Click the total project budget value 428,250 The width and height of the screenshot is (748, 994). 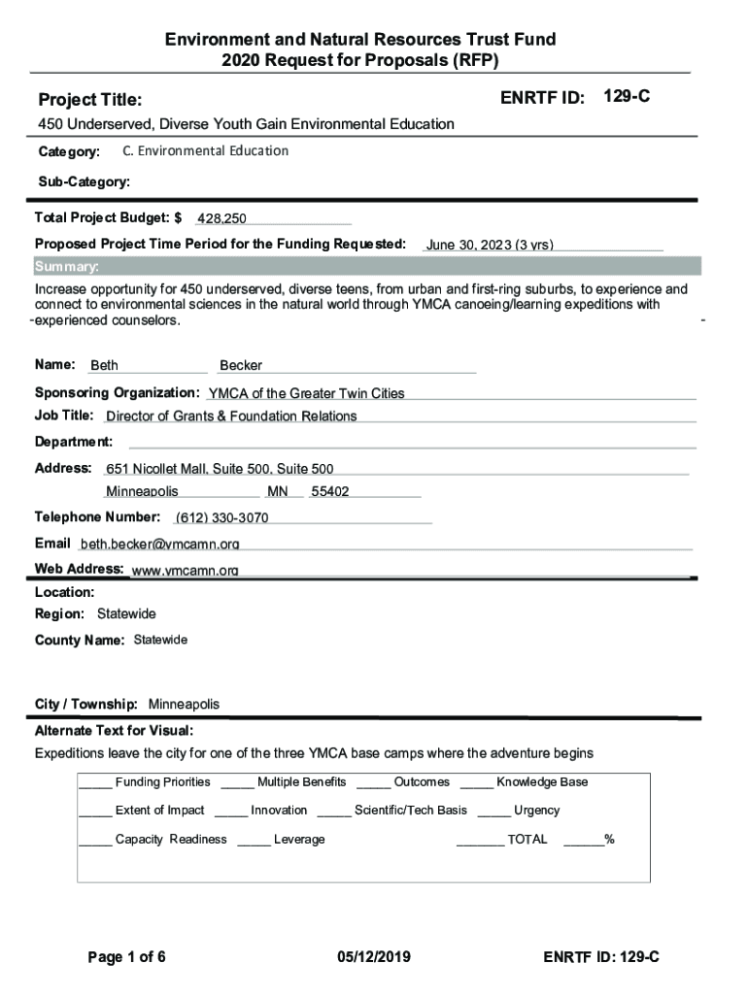click(221, 218)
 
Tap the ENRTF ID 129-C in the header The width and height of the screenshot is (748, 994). click(627, 97)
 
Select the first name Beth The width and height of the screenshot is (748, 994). click(104, 366)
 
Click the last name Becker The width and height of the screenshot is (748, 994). click(241, 366)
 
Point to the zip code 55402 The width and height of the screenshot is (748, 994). click(329, 492)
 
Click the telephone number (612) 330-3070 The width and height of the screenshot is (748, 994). click(222, 517)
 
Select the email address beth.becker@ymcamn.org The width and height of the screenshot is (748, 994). click(160, 544)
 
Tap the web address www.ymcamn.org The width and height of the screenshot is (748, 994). click(185, 570)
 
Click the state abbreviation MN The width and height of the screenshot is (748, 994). click(278, 492)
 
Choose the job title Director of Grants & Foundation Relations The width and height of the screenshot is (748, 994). click(231, 416)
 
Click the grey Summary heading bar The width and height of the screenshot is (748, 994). click(367, 267)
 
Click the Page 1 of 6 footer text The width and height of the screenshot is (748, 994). click(126, 958)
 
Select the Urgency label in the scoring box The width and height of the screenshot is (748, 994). click(536, 811)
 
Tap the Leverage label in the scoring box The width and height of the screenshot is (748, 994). click(299, 840)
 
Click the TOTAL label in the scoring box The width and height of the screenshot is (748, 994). click(527, 840)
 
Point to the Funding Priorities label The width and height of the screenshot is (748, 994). click(162, 782)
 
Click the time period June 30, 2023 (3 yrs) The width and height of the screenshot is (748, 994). click(490, 245)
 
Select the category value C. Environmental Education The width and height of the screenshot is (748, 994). click(205, 151)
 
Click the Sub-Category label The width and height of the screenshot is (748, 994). click(84, 182)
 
